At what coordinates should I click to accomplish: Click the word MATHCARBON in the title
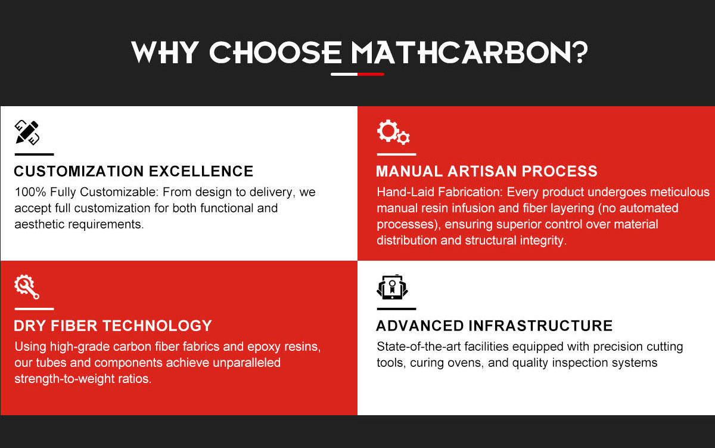point(460,52)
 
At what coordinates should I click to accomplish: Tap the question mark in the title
point(579,52)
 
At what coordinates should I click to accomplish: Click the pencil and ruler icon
point(27,132)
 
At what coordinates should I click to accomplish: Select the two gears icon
point(393,132)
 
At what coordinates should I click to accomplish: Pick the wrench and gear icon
point(27,287)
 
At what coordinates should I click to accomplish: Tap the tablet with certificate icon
point(392,287)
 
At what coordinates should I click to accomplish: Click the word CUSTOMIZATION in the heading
point(79,171)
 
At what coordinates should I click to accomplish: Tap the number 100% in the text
point(30,192)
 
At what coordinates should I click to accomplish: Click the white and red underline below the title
point(357,75)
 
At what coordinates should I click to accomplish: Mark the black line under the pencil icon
point(34,155)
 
